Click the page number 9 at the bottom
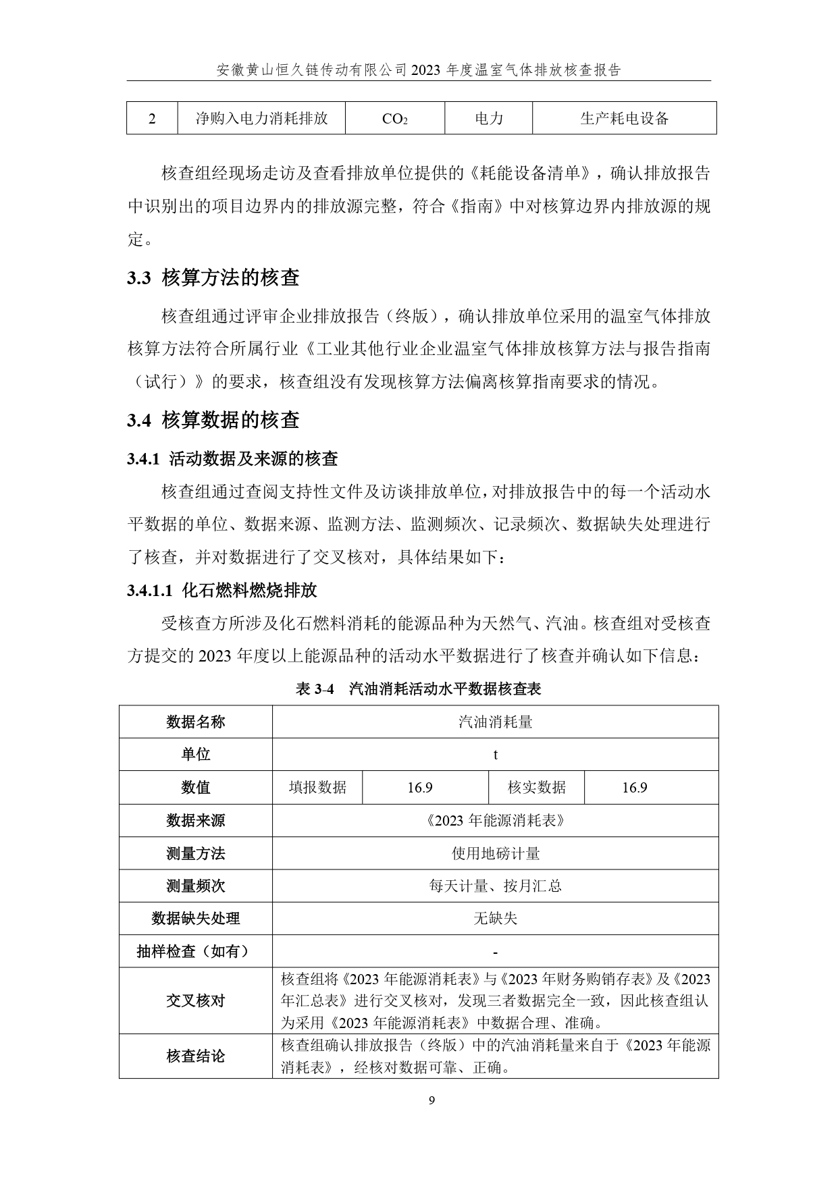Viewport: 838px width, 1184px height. [x=432, y=1101]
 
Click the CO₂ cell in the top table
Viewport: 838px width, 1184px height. [x=394, y=119]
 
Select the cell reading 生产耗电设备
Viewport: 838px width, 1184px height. [x=624, y=119]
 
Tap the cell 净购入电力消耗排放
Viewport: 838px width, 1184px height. [x=261, y=119]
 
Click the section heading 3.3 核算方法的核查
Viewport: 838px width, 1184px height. [x=213, y=277]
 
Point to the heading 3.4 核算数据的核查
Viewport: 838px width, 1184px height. [x=213, y=420]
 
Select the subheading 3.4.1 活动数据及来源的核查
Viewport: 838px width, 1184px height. [x=232, y=459]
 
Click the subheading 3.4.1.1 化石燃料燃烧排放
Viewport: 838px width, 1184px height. [x=221, y=591]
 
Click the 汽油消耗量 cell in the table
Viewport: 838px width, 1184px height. [x=495, y=722]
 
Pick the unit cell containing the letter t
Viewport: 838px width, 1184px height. [x=495, y=755]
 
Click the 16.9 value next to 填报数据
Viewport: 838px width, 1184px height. [x=420, y=788]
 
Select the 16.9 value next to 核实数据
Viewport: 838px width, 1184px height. [x=635, y=788]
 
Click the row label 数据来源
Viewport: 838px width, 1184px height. [x=196, y=820]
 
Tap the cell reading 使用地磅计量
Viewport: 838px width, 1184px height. [x=495, y=853]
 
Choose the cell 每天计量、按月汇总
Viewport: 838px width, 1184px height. [x=495, y=886]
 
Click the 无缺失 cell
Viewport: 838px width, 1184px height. [x=495, y=918]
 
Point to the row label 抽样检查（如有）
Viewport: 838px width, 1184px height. [x=196, y=951]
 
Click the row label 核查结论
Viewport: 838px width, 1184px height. [x=196, y=1056]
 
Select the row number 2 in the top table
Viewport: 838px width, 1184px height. [x=152, y=119]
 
